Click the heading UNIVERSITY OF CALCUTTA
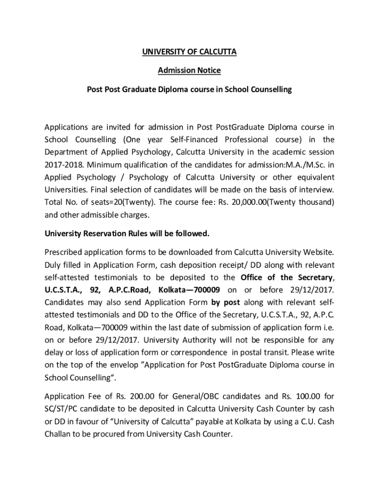(189, 52)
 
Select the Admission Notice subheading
(189, 70)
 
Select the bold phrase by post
(225, 302)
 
